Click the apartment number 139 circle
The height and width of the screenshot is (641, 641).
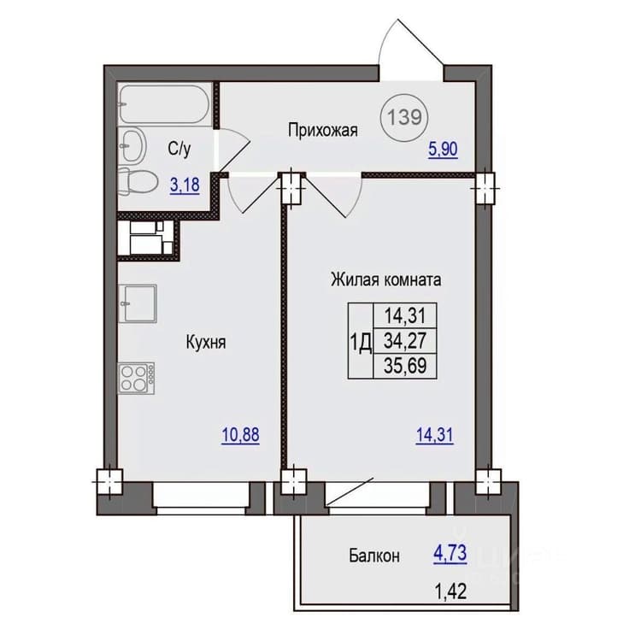click(x=404, y=118)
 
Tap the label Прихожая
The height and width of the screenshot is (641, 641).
click(x=323, y=131)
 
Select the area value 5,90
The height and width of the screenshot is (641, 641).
click(x=443, y=150)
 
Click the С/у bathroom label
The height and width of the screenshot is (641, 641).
click(x=179, y=150)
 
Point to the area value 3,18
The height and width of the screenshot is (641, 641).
click(x=185, y=185)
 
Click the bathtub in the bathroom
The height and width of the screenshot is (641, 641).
click(x=164, y=103)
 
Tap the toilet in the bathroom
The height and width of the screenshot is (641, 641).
click(x=138, y=182)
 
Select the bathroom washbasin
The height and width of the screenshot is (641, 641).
click(x=132, y=145)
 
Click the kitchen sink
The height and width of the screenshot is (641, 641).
click(x=138, y=303)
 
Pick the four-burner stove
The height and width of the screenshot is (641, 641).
click(x=137, y=378)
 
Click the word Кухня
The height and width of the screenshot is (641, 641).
click(x=206, y=343)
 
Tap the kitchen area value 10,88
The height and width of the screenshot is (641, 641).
click(x=240, y=435)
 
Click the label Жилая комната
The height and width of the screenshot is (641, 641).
click(x=386, y=280)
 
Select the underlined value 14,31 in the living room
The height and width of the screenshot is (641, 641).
click(x=434, y=435)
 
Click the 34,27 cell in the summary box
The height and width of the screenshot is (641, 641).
click(x=405, y=340)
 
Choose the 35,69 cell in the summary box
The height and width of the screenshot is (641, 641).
click(x=405, y=365)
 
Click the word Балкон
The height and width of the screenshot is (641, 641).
click(x=374, y=556)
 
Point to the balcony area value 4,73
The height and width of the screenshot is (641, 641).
click(x=450, y=554)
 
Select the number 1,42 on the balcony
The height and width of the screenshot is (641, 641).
click(x=451, y=591)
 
